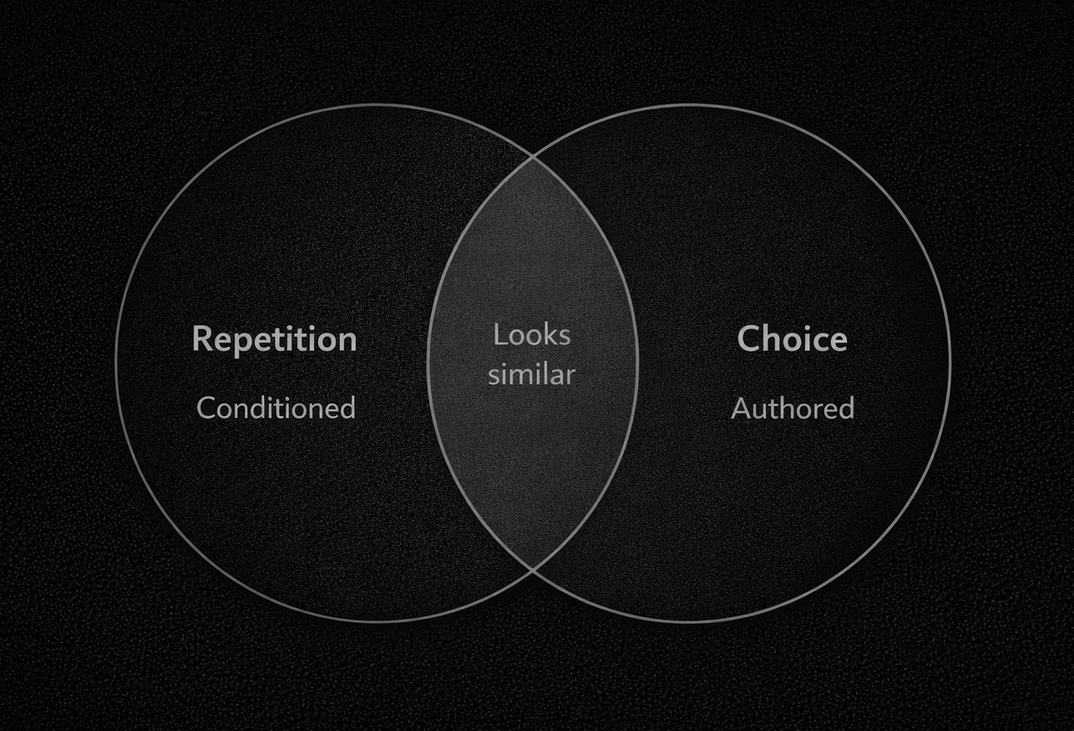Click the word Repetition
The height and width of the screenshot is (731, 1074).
(274, 339)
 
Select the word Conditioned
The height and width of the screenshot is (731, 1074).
(276, 408)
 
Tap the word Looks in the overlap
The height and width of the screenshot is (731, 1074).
(532, 335)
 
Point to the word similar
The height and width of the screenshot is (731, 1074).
(532, 374)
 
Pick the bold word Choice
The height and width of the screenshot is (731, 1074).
(792, 339)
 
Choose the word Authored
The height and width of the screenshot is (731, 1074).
(792, 408)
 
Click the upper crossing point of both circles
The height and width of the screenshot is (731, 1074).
(533, 156)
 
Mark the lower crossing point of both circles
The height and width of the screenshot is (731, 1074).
(533, 569)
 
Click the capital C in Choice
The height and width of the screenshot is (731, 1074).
(748, 339)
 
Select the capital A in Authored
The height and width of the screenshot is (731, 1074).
(740, 408)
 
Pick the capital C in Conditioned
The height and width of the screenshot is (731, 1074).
(206, 408)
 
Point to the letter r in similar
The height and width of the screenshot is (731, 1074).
(571, 375)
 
